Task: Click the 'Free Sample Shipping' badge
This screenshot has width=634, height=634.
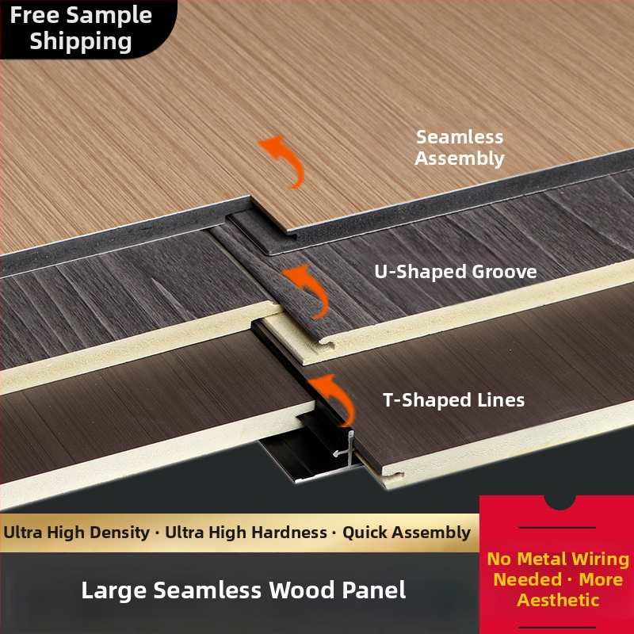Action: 81,29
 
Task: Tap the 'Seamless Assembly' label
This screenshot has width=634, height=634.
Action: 460,147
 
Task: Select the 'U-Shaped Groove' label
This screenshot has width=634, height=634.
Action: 456,272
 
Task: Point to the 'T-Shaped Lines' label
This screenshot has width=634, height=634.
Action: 453,400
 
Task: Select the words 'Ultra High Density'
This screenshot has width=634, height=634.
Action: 76,532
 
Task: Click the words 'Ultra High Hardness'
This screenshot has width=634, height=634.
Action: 246,532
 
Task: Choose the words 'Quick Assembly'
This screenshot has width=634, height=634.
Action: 407,533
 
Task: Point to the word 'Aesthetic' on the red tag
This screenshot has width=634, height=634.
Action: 558,600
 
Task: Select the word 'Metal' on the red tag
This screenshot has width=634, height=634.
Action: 543,559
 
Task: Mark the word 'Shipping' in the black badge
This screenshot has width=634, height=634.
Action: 81,42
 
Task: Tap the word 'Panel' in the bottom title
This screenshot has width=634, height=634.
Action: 374,590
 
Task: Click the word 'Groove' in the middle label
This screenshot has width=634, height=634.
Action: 504,272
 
